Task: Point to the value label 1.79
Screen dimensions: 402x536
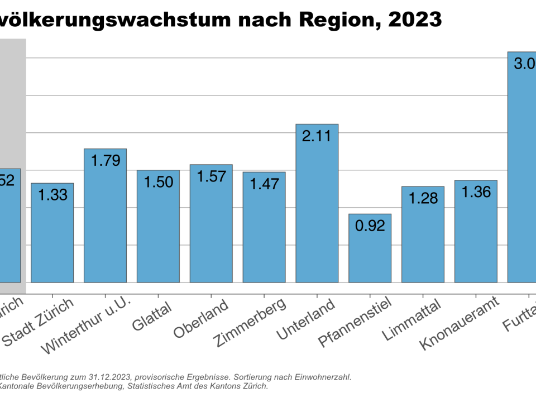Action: [105, 161]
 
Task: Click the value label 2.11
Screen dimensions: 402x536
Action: [317, 136]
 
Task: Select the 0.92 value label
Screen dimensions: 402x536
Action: [370, 226]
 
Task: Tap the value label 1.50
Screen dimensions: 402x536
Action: [158, 182]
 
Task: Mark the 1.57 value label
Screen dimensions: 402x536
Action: [211, 176]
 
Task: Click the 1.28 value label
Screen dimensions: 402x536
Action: [423, 198]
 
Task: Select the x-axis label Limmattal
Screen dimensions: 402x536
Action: [412, 320]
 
